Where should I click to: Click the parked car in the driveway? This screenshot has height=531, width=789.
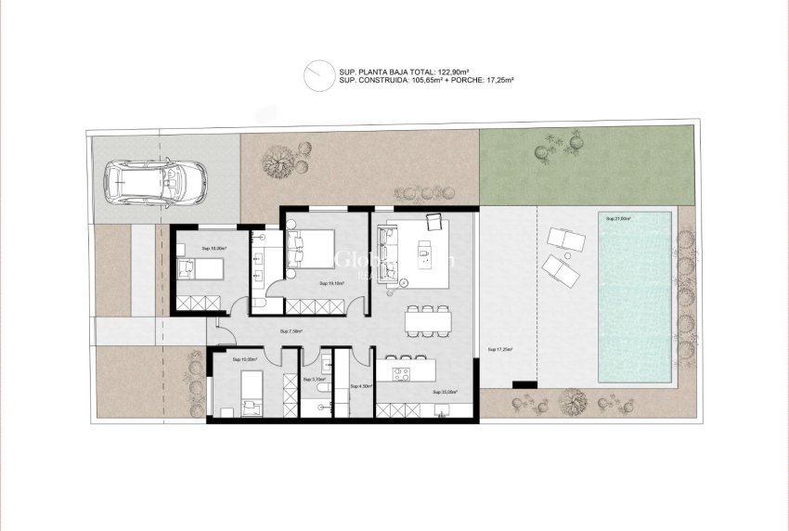pyautogui.click(x=154, y=181)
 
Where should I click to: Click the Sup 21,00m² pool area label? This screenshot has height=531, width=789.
pyautogui.click(x=618, y=219)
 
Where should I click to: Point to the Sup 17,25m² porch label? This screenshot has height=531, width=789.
pyautogui.click(x=499, y=349)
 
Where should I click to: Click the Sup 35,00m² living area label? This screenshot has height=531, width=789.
pyautogui.click(x=445, y=392)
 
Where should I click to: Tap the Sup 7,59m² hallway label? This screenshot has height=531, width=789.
pyautogui.click(x=291, y=330)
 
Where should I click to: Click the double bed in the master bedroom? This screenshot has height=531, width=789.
pyautogui.click(x=309, y=249)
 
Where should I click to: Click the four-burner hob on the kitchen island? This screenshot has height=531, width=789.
pyautogui.click(x=403, y=374)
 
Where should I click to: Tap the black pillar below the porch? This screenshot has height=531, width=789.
pyautogui.click(x=524, y=383)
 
